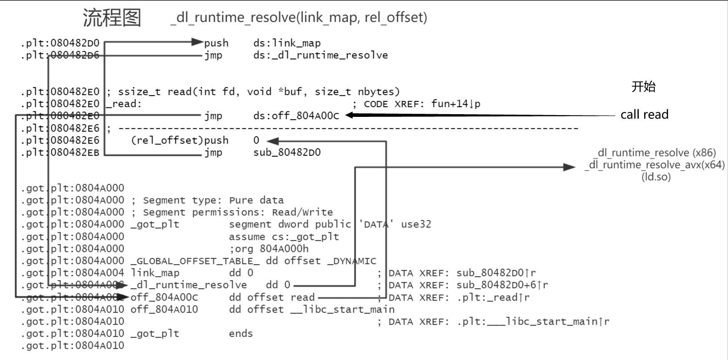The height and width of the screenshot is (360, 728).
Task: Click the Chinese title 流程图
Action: click(112, 18)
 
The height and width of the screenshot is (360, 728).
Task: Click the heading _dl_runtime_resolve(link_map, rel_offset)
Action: click(299, 17)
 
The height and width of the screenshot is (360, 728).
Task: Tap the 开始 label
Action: click(643, 87)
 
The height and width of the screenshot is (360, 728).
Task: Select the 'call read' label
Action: click(644, 115)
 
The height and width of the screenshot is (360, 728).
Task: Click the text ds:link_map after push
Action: click(287, 43)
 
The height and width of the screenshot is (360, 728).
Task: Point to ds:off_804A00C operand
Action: click(296, 116)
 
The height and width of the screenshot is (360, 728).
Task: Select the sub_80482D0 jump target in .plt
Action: click(287, 153)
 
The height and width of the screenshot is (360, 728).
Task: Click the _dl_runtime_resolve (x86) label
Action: click(657, 153)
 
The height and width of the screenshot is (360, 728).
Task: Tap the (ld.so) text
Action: click(656, 177)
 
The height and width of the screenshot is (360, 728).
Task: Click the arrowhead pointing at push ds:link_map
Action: click(197, 42)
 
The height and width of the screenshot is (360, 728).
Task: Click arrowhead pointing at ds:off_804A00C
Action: click(350, 115)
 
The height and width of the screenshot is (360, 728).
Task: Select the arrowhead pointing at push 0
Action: click(272, 141)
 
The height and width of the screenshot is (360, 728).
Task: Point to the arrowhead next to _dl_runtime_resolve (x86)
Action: click(569, 167)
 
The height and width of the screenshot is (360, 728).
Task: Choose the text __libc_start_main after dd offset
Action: click(342, 310)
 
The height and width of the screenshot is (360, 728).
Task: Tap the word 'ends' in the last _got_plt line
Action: click(241, 334)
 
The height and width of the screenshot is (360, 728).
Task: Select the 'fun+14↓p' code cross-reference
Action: click(456, 104)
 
